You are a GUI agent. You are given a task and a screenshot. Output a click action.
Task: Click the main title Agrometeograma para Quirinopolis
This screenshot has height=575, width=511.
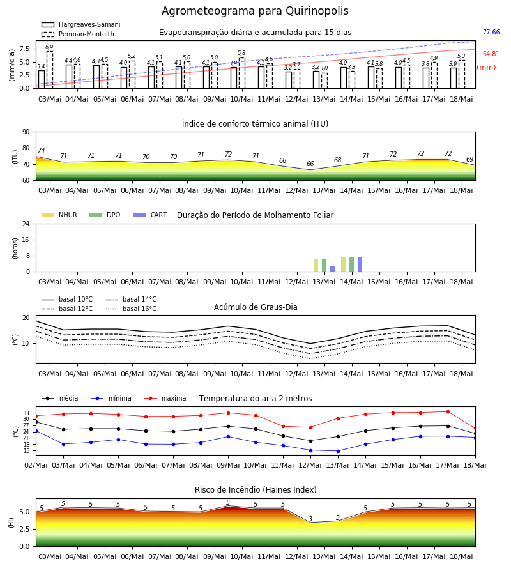tap(255, 11)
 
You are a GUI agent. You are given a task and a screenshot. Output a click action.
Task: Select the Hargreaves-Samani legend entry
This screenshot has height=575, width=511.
tap(80, 24)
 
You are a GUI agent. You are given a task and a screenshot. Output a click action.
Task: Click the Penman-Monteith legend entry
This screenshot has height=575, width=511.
tap(78, 34)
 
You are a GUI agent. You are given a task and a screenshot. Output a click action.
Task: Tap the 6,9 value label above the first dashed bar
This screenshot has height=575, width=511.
tap(49, 47)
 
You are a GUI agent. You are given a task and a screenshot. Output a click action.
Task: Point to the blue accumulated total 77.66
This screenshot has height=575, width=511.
tap(491, 33)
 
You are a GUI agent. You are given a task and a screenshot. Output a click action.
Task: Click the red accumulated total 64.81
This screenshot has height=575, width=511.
tap(491, 54)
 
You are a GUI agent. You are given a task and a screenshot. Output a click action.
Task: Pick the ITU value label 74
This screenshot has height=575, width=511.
tap(41, 150)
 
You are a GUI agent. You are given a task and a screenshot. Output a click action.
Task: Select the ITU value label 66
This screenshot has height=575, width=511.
tap(310, 164)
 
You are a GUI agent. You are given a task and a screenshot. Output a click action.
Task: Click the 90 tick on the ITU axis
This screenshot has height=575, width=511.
tap(26, 132)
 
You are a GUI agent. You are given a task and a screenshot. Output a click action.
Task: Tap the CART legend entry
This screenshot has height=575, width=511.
tap(150, 215)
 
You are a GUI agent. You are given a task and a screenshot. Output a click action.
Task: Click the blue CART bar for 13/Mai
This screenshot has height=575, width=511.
tap(333, 269)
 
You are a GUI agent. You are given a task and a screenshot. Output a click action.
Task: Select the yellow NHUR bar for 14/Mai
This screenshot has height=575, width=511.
tap(344, 264)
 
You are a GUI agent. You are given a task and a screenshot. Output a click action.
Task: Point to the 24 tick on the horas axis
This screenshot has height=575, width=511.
tap(26, 224)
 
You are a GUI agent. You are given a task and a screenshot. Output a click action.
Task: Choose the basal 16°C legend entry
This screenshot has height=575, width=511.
tap(131, 309)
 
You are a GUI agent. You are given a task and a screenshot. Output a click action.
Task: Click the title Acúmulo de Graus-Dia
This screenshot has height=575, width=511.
tap(256, 307)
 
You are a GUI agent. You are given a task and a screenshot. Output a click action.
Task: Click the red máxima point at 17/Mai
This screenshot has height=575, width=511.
tap(448, 412)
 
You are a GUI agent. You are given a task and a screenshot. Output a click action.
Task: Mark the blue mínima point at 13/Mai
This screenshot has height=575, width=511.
tap(338, 451)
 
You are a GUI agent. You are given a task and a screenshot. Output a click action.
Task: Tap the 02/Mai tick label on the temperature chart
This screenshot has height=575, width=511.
tap(36, 465)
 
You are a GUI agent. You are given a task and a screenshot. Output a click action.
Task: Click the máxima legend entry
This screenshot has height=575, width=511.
tap(165, 398)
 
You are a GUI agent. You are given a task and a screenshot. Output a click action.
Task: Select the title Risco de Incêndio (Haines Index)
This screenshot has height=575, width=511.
tap(256, 490)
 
